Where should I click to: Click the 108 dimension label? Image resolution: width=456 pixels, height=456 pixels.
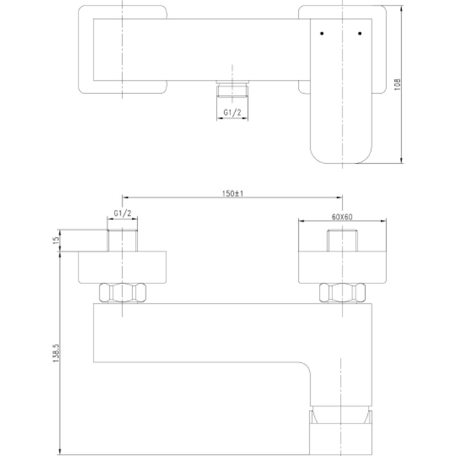(397, 84)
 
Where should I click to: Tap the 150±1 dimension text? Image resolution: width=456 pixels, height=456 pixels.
(233, 193)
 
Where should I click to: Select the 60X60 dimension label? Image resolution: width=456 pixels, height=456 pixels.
(341, 217)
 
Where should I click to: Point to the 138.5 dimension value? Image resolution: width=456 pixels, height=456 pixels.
(56, 353)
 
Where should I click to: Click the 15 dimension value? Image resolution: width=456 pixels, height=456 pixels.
(56, 240)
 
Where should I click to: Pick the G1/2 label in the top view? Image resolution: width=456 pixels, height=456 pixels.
(233, 112)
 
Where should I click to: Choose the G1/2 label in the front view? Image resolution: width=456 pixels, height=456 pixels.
(123, 213)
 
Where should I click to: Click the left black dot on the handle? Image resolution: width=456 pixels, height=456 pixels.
(321, 34)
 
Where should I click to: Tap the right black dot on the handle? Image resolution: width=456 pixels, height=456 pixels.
(360, 34)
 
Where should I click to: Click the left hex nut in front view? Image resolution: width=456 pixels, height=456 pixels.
(123, 292)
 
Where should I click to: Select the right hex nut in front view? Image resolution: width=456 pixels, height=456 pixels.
(343, 292)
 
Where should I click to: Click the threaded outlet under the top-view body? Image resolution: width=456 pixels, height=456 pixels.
(232, 88)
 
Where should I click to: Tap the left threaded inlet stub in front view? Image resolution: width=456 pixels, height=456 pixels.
(123, 241)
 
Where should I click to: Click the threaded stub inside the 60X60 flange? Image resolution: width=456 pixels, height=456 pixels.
(343, 241)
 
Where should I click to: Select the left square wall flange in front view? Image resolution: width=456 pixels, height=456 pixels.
(123, 267)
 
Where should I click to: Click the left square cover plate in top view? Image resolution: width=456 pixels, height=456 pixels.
(86, 50)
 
